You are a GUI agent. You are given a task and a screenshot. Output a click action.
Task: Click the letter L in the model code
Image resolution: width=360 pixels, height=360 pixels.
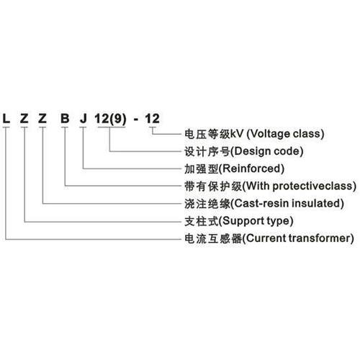click(6, 118)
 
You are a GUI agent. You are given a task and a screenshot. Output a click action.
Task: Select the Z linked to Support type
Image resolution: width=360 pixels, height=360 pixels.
click(24, 118)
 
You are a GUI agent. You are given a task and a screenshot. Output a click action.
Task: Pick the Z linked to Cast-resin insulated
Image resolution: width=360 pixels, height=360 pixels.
click(42, 118)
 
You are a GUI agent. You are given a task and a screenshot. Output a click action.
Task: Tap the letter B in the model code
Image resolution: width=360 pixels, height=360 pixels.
click(65, 118)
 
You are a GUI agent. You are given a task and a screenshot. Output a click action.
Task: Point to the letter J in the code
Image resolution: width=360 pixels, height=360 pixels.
click(83, 118)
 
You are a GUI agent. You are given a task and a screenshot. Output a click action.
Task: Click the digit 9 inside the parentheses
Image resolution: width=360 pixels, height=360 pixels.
click(117, 118)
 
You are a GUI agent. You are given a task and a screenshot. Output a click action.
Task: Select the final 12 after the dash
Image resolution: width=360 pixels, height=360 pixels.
click(152, 118)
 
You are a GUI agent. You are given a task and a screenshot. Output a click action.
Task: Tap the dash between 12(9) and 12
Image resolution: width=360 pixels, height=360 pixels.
click(136, 120)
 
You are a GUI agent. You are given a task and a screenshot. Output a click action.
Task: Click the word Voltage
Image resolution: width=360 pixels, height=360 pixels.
click(269, 134)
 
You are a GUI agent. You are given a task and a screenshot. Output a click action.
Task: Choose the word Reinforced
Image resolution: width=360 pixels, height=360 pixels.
click(251, 168)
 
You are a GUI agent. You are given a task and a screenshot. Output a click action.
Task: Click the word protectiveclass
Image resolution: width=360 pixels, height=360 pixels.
click(312, 186)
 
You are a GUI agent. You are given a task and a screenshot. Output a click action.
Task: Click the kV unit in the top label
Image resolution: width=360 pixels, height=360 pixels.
click(237, 134)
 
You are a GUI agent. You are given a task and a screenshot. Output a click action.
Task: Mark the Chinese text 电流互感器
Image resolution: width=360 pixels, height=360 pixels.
click(213, 239)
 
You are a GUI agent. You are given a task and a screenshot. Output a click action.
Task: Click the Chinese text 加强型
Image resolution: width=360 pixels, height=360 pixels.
click(202, 169)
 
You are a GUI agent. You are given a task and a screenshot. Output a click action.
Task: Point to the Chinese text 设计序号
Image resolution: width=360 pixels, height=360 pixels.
click(207, 151)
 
